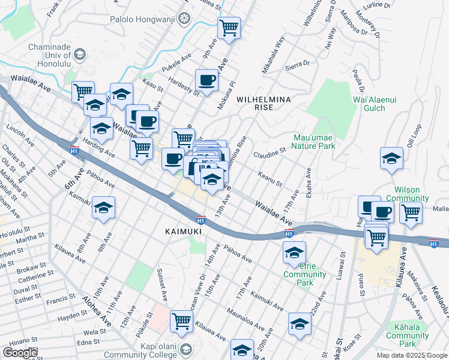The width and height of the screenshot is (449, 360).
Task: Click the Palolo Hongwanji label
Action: pyautogui.click(x=142, y=19)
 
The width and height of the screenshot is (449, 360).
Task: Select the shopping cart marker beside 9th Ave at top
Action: pyautogui.click(x=229, y=28)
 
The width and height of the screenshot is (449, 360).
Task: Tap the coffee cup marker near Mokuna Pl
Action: pyautogui.click(x=206, y=80)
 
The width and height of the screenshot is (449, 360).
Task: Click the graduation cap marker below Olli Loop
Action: pyautogui.click(x=391, y=158)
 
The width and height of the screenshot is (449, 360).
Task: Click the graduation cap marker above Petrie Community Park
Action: pyautogui.click(x=294, y=252)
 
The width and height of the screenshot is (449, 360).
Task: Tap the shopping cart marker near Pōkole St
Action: pyautogui.click(x=181, y=320)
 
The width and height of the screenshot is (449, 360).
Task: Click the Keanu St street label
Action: pyautogui.click(x=270, y=178)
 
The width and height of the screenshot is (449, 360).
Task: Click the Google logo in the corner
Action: pyautogui.click(x=20, y=353)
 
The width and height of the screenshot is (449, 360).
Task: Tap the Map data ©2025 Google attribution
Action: pyautogui.click(x=412, y=355)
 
